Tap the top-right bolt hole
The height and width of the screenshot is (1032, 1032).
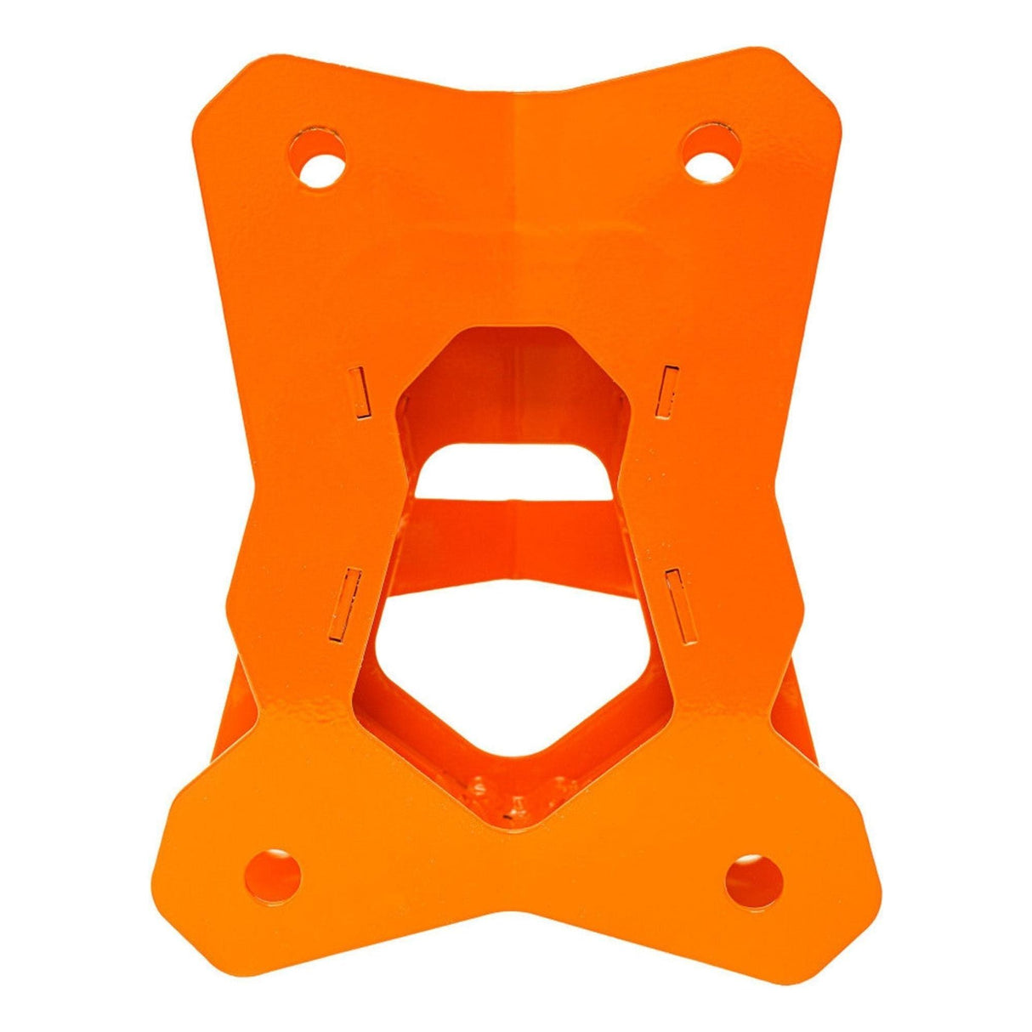tap(710, 156)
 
